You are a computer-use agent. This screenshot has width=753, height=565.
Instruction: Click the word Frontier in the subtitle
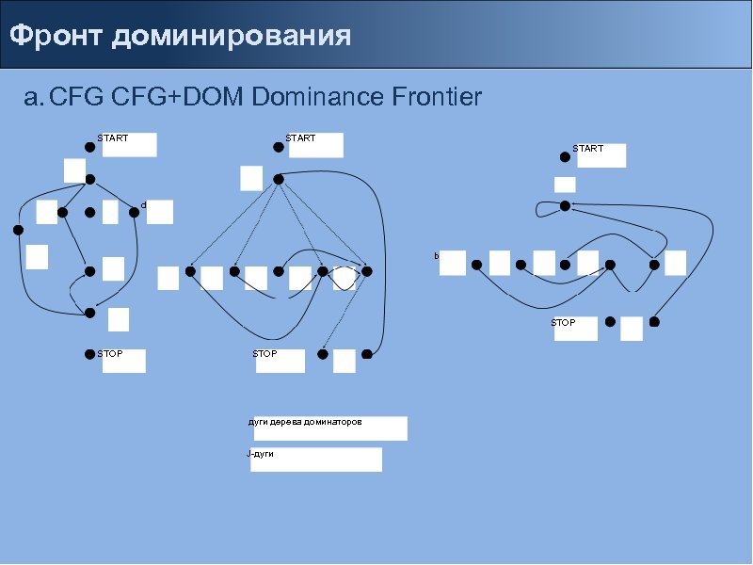point(436,97)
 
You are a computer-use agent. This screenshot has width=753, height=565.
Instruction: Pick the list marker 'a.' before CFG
point(33,97)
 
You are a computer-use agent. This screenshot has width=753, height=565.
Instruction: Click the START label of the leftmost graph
point(113,138)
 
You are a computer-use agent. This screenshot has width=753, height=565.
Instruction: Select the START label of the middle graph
point(300,138)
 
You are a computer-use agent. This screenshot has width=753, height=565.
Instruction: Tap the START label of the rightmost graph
point(587,149)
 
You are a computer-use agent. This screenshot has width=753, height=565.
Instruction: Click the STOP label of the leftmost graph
point(110,354)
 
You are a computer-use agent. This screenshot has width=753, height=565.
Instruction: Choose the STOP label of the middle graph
point(264,354)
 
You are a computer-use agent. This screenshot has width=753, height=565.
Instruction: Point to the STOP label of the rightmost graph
point(563,323)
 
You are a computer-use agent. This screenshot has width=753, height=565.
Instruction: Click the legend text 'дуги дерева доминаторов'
point(304,423)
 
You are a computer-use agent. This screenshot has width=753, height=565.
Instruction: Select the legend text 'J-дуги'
point(260,454)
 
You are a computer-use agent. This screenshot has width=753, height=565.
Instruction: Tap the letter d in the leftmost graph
point(143,204)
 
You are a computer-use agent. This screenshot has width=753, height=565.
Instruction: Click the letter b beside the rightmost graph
point(437,256)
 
